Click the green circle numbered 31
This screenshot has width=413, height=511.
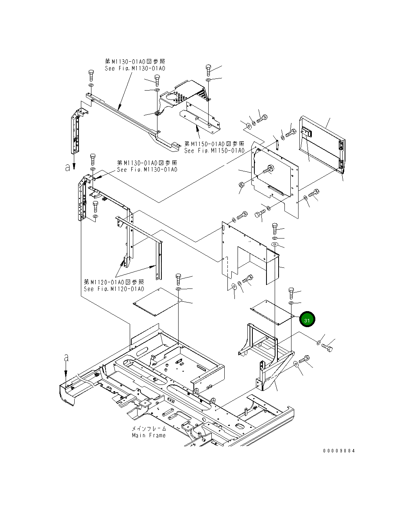point(307,320)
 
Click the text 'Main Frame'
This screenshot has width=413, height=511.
point(148,435)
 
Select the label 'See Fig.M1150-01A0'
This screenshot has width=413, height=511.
point(214,151)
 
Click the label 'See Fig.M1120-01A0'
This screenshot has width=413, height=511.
point(114,289)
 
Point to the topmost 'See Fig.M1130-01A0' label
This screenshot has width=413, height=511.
point(135,68)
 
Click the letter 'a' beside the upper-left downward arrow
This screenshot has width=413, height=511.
point(68,167)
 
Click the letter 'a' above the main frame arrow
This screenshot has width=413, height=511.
point(66,357)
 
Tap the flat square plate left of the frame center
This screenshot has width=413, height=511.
point(157,303)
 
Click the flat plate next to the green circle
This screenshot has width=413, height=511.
point(272,312)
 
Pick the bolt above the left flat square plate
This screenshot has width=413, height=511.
point(179,279)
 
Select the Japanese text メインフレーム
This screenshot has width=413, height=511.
point(148,429)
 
